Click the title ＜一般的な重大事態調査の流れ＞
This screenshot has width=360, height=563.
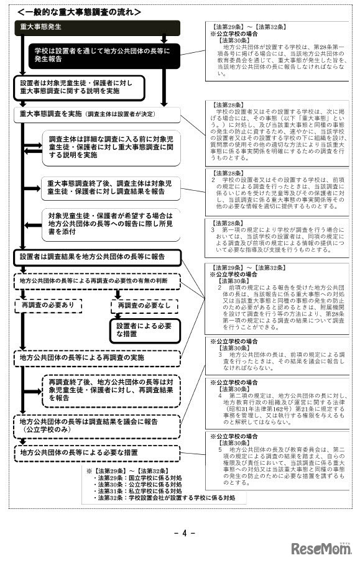[x=79, y=12]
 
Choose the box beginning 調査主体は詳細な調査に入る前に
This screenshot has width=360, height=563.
[x=103, y=146]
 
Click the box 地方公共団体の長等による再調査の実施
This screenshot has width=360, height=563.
[x=97, y=358]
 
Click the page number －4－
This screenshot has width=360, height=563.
[x=179, y=531]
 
